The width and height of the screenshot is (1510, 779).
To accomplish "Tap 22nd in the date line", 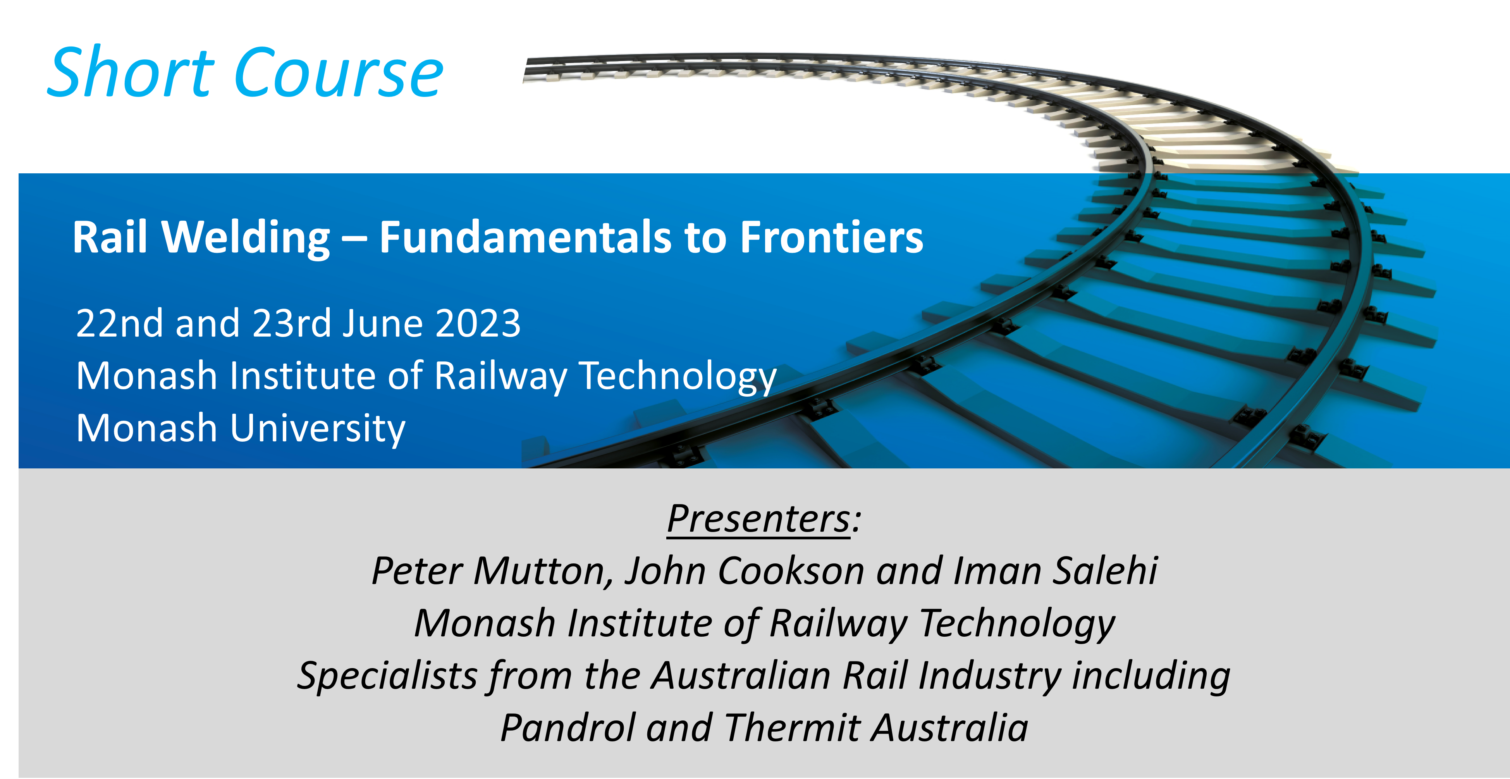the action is tap(120, 323).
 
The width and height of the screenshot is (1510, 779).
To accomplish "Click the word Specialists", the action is tap(387, 676).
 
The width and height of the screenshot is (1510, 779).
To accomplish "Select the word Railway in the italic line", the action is tap(838, 624).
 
